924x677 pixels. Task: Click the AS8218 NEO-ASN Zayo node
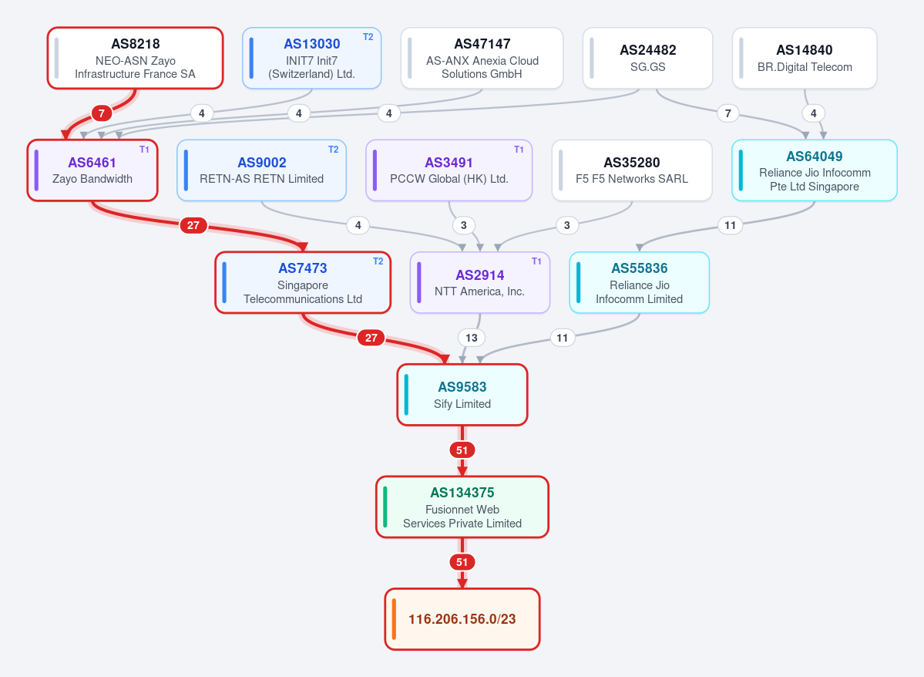coord(135,59)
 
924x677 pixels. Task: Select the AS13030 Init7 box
coord(312,59)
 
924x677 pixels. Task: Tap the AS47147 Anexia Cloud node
coord(482,59)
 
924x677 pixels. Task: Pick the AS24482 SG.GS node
coord(647,59)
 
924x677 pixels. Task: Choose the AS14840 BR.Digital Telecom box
coord(805,59)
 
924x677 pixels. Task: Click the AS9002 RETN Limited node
coord(262,170)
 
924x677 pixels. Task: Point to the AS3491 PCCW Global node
coord(449,170)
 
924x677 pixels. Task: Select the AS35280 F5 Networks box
coord(632,170)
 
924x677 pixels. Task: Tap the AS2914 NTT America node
coord(479,282)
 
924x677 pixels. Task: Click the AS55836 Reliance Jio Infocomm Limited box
coord(640,282)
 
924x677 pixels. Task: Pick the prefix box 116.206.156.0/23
coord(462,619)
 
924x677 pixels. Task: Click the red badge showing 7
coord(102,113)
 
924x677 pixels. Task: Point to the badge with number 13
coord(472,338)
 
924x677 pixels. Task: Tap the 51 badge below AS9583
coord(462,450)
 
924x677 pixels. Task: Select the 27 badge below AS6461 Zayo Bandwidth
coord(193,225)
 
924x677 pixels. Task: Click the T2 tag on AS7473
coord(378,261)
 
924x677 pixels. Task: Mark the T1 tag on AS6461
coord(144,149)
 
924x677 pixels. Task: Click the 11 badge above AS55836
coord(730,225)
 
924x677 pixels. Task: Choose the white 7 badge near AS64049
coord(727,113)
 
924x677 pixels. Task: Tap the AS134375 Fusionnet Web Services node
coord(462,507)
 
